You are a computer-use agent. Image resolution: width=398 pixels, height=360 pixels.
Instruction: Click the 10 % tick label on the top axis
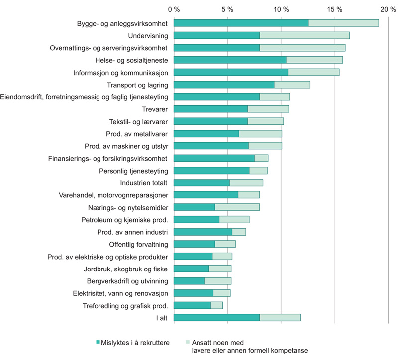tap(281, 9)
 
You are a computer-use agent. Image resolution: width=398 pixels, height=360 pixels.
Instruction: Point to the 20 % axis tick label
tap(389, 9)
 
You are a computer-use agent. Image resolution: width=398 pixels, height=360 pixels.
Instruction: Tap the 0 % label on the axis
tap(174, 9)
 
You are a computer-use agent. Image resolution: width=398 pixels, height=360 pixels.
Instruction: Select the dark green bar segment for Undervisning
tap(216, 35)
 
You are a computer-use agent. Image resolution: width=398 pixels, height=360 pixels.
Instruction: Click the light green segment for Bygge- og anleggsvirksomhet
tap(343, 23)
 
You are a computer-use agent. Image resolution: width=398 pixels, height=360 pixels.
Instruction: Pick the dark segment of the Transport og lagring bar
tap(224, 85)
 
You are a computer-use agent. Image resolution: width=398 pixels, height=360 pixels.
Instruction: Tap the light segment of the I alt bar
tap(280, 317)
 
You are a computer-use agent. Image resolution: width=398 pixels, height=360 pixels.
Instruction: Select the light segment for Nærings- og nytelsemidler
tap(237, 207)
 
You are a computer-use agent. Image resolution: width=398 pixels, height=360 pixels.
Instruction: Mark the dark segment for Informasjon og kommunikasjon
tap(231, 72)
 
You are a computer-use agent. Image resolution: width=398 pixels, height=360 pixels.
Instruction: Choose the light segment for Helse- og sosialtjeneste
tap(314, 60)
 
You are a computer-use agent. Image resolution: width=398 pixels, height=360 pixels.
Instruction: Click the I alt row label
tap(161, 318)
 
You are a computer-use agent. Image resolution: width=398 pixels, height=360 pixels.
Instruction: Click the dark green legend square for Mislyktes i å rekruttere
tap(98, 342)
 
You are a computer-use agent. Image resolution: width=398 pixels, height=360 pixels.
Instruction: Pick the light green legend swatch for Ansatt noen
tap(187, 342)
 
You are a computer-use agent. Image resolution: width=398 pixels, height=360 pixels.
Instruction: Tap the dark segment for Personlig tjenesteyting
tap(211, 171)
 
